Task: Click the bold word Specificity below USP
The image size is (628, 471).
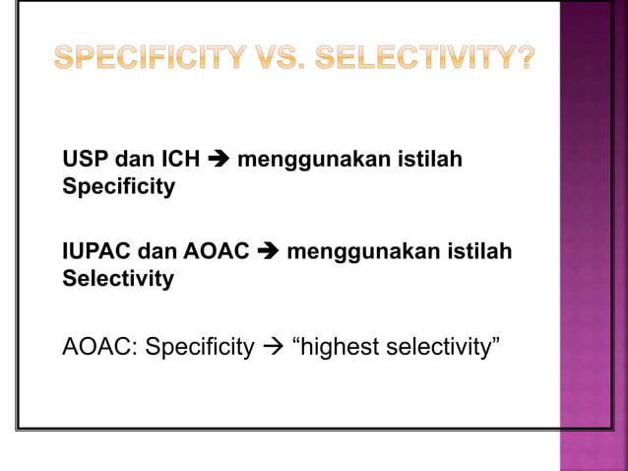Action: coord(118,187)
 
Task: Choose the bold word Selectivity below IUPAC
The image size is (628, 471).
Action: coord(118,280)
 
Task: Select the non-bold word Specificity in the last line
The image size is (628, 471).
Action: coord(199,349)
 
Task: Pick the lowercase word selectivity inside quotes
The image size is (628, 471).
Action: coord(439,348)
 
